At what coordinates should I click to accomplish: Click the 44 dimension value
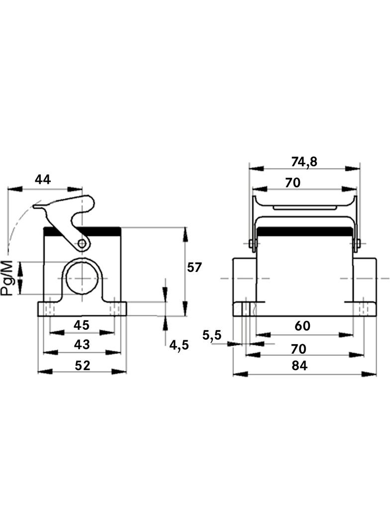point(43,179)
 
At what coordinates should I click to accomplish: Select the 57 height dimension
point(195,267)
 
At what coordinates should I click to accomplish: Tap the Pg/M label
point(7,278)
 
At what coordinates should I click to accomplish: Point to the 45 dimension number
point(82,325)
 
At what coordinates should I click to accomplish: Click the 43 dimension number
point(82,344)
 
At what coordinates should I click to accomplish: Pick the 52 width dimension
point(83,365)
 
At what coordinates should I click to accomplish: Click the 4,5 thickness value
point(179,345)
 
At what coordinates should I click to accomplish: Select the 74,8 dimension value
point(304,162)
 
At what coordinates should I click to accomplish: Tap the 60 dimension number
point(302,325)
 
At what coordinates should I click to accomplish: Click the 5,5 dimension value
point(212,335)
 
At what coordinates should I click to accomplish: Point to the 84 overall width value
point(299,366)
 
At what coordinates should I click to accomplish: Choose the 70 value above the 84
point(298,349)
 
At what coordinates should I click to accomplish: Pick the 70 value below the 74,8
point(292,182)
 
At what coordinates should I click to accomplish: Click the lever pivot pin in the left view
point(82,243)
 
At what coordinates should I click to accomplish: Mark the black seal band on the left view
point(83,232)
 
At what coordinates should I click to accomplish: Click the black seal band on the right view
point(304,232)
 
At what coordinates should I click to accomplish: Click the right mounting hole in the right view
point(363,308)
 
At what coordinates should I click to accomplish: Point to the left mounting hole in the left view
point(50,308)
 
